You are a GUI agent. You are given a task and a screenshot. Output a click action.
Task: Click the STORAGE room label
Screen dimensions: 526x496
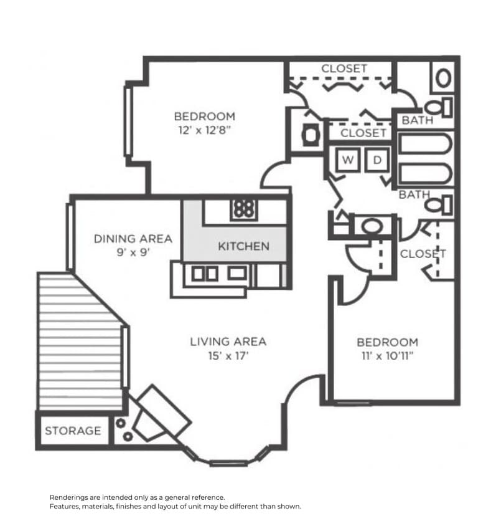pos(73,431)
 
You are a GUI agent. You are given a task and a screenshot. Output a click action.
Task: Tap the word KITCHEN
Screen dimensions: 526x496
pos(243,246)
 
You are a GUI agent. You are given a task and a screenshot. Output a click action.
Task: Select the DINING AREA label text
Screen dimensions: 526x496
pos(133,239)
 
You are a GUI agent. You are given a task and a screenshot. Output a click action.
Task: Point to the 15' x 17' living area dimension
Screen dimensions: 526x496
pos(228,356)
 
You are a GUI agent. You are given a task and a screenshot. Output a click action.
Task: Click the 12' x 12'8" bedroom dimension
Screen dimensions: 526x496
pos(204,131)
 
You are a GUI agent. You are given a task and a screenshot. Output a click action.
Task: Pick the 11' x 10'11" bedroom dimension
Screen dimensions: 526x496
pos(387,356)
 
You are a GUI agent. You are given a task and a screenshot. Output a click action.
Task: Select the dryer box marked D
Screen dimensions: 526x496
pos(377,160)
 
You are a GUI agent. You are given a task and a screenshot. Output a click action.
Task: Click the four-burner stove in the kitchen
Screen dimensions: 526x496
pos(243,208)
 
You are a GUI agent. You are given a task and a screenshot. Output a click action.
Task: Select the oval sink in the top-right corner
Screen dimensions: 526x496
pos(443,78)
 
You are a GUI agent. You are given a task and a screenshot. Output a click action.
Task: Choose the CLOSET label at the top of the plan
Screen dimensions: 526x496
pos(344,69)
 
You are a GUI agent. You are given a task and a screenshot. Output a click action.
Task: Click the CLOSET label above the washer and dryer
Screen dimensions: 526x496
pos(363,133)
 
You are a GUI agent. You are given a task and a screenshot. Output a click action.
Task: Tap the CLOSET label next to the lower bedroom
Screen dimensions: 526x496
pos(423,254)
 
